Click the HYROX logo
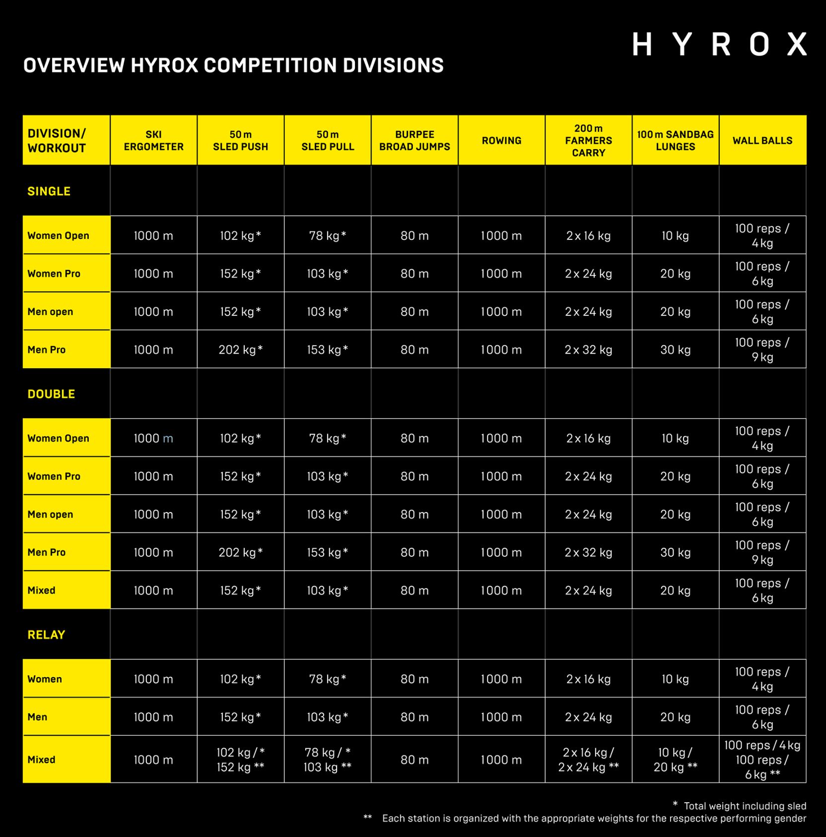coord(719,45)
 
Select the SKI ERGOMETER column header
coord(153,141)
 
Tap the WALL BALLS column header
coord(762,141)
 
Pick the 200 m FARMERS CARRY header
coord(588,141)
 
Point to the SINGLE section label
coord(49,191)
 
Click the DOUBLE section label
coord(51,394)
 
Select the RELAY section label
coord(46,634)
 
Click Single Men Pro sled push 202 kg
coord(240,350)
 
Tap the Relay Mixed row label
coord(42,760)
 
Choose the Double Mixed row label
coord(42,590)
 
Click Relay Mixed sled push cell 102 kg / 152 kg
coord(240,760)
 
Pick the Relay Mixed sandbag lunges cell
coord(675,760)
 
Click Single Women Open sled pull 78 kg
coord(327,235)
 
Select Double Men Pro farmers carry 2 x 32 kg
coord(588,552)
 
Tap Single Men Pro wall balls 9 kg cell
coord(762,350)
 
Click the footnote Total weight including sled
coord(744,806)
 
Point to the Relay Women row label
coord(45,679)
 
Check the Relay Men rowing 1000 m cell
coord(501,717)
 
